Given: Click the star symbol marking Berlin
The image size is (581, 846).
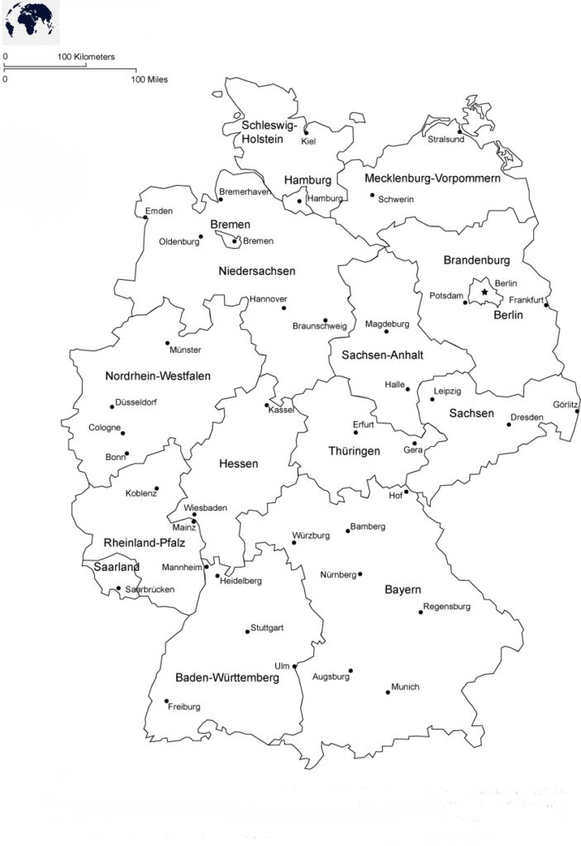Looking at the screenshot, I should pos(484,292).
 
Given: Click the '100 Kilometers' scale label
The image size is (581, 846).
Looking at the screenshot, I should pos(86,57).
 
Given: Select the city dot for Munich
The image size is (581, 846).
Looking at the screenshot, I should pos(388,692).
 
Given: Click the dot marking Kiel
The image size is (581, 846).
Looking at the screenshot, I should pos(306,132).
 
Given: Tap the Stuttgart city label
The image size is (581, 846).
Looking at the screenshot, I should pos(267,628).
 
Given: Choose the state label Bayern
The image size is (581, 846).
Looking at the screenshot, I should pos(403,590).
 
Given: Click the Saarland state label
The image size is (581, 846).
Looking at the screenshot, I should pos(116,567).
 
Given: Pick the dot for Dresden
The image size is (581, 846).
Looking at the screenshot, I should pos(509,425).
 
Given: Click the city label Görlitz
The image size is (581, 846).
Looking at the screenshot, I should pos(566,404).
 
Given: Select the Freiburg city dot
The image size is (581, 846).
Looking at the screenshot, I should pos(166,701).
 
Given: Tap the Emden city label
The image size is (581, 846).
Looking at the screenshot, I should pos(159,211).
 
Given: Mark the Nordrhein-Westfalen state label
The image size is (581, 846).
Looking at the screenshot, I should pos(158,376).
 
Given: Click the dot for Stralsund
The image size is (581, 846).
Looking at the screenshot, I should pos(460,131).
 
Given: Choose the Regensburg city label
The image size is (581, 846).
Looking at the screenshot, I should pos(447,606).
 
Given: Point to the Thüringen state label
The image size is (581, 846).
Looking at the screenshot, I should pos(355,451).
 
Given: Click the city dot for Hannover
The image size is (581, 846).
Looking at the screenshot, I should pos(283,308).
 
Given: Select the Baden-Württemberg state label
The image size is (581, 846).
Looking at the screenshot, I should pos(226,677).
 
